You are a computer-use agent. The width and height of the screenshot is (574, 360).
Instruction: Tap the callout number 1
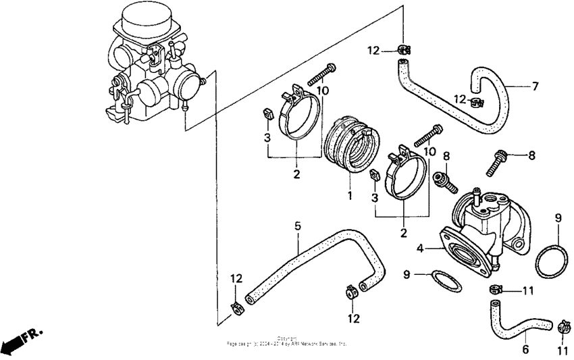(350, 195)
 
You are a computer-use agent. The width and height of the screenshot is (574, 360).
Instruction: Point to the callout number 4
(420, 249)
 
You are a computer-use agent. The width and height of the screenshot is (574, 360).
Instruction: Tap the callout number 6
(525, 350)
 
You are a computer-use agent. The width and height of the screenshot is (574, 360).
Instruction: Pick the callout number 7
(535, 86)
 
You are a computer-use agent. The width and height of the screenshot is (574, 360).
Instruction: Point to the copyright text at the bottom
(286, 342)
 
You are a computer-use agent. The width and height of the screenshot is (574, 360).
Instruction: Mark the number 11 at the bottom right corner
(563, 351)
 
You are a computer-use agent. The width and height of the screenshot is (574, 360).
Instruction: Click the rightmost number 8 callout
(531, 155)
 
